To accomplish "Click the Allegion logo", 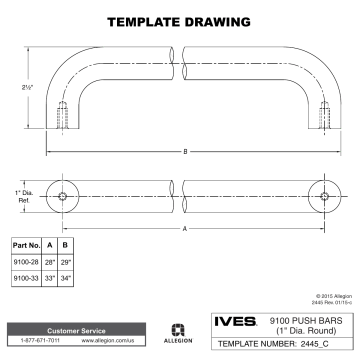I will (x=177, y=333).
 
